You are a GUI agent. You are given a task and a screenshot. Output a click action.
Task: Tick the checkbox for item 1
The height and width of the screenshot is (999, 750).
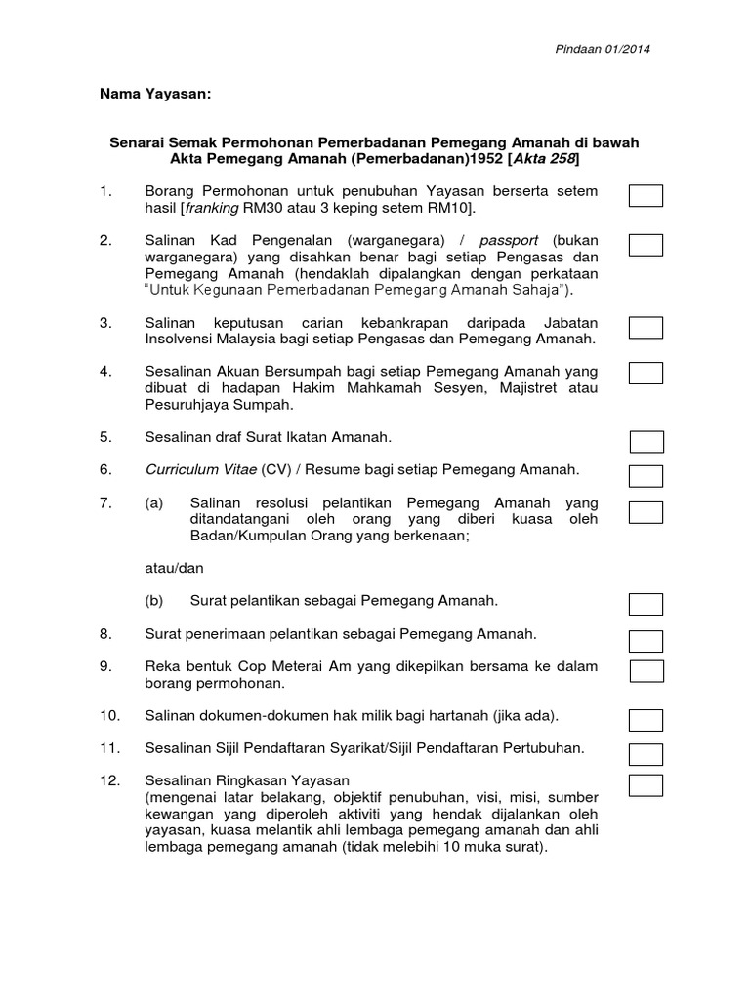click(x=646, y=197)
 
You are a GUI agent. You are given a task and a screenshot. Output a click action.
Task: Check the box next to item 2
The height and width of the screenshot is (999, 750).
click(x=646, y=245)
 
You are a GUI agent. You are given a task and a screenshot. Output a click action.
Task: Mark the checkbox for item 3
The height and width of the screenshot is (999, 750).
click(x=646, y=328)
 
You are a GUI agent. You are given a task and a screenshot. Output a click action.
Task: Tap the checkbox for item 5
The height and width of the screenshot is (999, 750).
click(x=646, y=442)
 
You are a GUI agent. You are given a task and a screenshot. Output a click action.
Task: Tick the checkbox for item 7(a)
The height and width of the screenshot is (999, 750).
click(x=646, y=512)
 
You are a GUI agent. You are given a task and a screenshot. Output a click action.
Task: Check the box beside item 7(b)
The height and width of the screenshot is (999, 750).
click(x=646, y=606)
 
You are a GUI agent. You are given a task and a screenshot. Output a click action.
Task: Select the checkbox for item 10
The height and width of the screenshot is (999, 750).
click(x=646, y=720)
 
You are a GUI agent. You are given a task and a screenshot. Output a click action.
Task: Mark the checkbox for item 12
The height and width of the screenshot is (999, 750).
click(x=646, y=785)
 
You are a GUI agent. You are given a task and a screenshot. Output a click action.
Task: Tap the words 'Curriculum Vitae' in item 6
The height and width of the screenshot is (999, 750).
click(x=201, y=469)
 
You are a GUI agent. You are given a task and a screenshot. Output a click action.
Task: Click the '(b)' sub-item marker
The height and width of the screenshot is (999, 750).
click(x=154, y=601)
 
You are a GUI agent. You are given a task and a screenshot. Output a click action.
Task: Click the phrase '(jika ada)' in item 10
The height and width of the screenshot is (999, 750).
click(x=524, y=716)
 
